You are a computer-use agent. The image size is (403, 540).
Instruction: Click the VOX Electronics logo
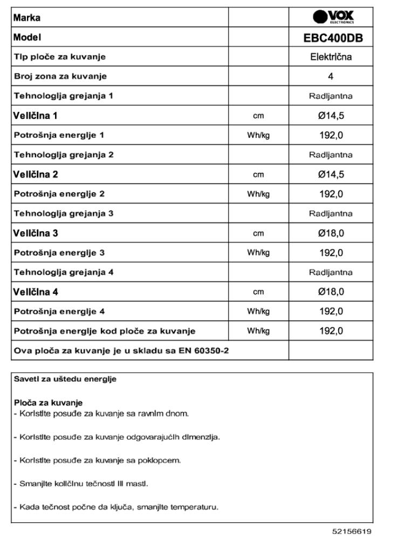point(333,17)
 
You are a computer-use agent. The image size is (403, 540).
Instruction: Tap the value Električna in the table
point(331,57)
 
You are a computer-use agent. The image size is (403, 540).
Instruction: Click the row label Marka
point(27,17)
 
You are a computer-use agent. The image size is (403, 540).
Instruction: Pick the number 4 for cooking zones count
point(331,76)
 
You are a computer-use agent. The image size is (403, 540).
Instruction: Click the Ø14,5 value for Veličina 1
point(331,116)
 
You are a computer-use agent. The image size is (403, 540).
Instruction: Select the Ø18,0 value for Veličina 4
point(331,292)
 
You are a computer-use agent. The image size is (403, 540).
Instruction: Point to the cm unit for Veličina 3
point(258,233)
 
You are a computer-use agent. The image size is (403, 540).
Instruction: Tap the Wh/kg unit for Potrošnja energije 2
point(258,194)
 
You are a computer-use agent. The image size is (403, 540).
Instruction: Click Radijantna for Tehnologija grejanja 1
point(331,96)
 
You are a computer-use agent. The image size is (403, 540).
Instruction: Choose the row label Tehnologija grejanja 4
point(64,272)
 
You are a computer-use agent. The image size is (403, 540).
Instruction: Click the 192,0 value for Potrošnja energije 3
point(331,253)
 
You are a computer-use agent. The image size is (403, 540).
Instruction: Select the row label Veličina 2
point(36,174)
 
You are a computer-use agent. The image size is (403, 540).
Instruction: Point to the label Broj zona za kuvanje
point(60,76)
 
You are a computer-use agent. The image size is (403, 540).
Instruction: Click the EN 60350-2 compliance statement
point(121,350)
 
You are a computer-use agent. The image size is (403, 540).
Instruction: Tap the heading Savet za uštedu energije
point(65,379)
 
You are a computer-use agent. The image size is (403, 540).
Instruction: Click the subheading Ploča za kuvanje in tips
point(48,403)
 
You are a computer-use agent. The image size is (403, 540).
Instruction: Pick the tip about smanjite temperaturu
point(116,507)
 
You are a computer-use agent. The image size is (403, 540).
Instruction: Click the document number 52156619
point(352,531)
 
